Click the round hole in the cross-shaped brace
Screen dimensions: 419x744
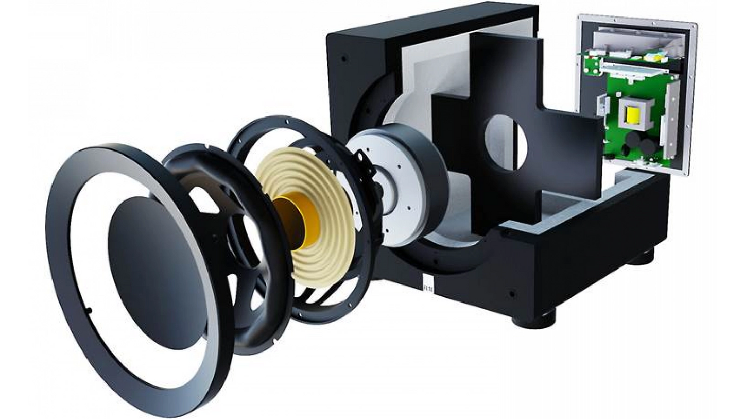click(x=506, y=142)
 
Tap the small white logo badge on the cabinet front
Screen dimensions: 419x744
click(x=427, y=282)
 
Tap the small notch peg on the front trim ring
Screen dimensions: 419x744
click(x=89, y=310)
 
